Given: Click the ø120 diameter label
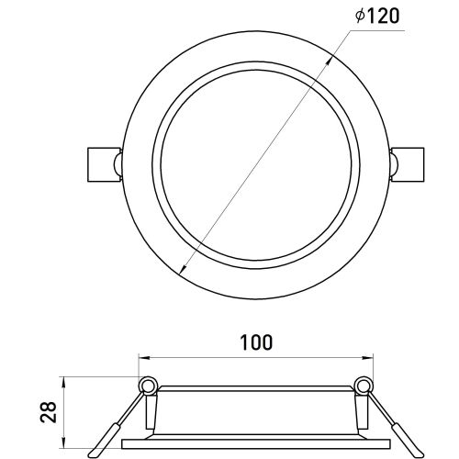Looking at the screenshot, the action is click(377, 16).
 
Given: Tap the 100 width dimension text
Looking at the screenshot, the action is click(256, 342).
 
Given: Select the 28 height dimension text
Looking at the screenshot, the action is click(49, 412).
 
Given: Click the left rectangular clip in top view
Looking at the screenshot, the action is click(103, 164).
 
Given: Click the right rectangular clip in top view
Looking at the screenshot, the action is click(409, 164).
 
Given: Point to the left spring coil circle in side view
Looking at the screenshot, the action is click(149, 385).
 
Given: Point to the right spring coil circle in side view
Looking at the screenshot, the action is click(364, 385).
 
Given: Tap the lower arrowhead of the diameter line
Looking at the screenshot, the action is click(183, 269).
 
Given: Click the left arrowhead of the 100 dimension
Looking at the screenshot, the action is click(144, 357).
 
